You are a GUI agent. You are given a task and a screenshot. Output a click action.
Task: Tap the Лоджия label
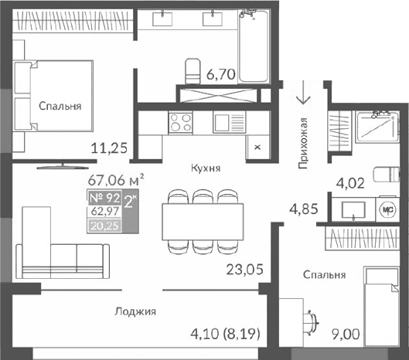135,312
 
